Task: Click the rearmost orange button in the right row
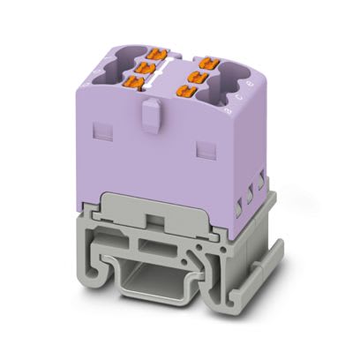[207, 60]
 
